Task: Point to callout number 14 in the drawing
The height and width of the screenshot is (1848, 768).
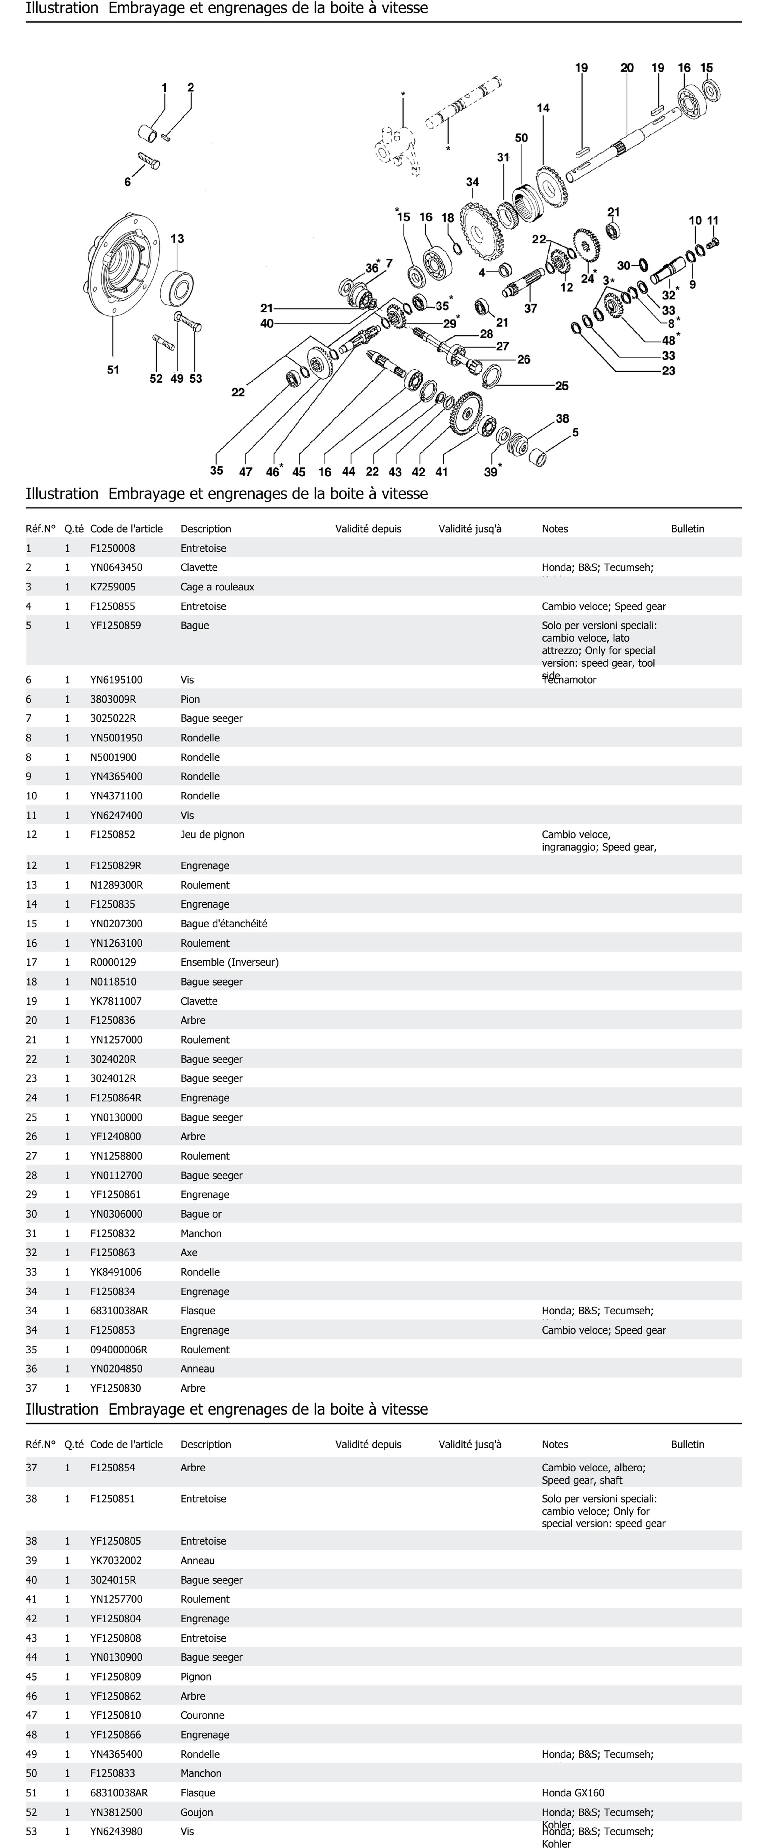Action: point(543,108)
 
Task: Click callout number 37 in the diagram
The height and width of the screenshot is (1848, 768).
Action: point(530,308)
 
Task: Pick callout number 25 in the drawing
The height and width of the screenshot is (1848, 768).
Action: point(562,386)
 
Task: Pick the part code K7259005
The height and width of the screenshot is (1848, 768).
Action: point(113,587)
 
